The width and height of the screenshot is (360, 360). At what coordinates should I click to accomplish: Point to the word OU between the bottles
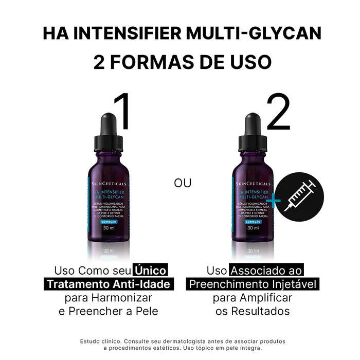click(183, 184)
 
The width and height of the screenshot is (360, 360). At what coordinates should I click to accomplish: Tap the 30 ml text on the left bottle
click(108, 228)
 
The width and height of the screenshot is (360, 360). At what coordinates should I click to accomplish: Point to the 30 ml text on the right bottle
click(253, 228)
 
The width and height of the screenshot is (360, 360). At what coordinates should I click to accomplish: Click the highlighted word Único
click(151, 271)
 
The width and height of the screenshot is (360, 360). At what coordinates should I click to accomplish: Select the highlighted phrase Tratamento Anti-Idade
click(108, 284)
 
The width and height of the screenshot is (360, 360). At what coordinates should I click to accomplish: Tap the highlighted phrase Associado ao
click(266, 271)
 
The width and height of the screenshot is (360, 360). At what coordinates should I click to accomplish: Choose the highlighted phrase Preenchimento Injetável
click(253, 284)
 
